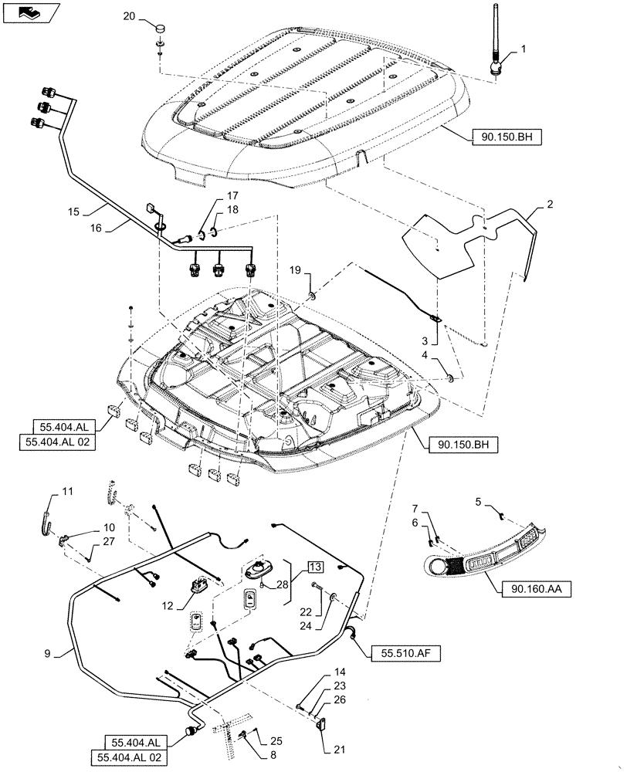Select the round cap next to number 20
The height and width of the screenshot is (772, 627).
pos(159,29)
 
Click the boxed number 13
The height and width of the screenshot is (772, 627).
pos(316,567)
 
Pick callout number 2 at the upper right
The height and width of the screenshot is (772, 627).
pos(550,205)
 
